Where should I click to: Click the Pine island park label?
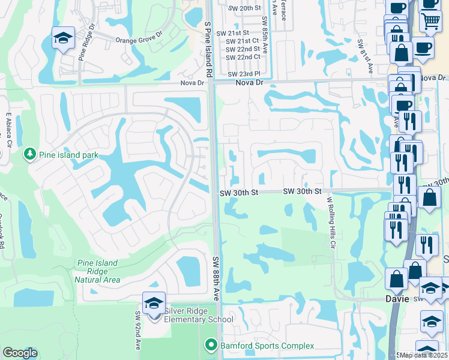coord(68,155)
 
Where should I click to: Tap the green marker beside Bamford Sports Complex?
coord(210,346)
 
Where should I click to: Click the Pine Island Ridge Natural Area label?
coord(97,271)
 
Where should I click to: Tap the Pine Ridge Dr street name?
coord(87,43)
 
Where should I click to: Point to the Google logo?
coord(20,353)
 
